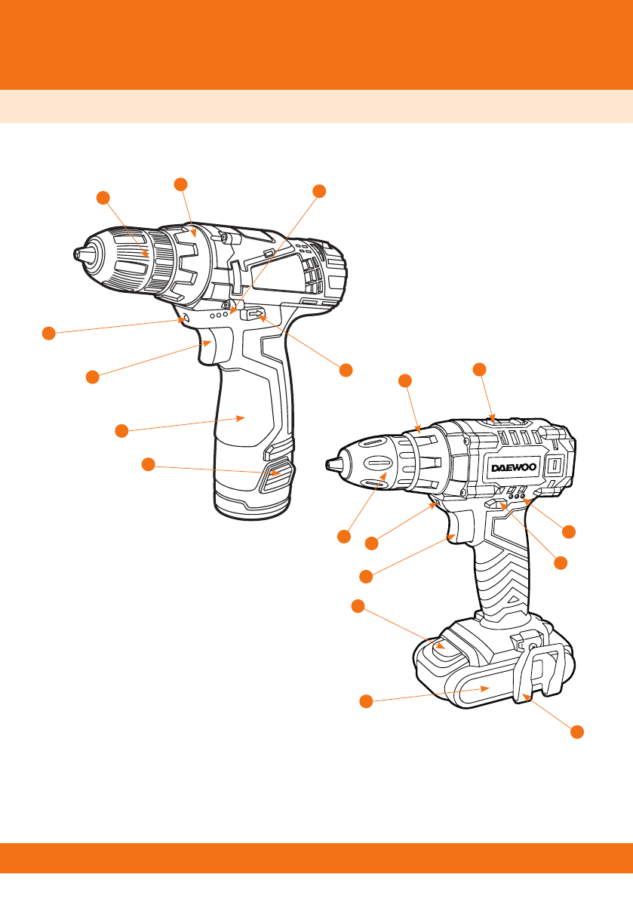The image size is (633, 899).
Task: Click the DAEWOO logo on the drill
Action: pos(514,467)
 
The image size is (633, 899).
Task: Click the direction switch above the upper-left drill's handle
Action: pos(254,314)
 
